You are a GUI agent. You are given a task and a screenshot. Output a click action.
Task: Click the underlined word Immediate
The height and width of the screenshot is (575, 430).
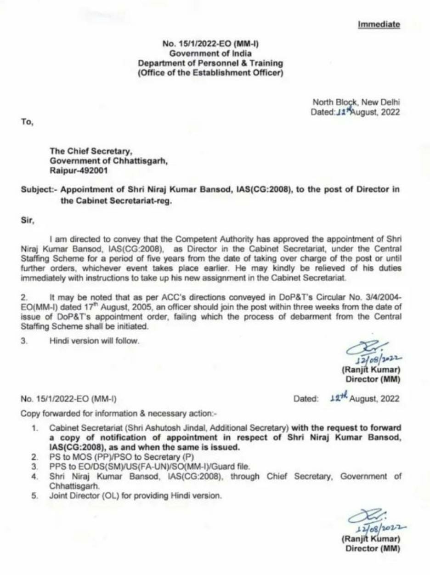[379, 24]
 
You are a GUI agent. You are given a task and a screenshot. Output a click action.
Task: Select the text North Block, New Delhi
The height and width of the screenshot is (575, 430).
[356, 102]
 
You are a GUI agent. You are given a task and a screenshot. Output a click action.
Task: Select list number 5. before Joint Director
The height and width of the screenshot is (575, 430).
[34, 496]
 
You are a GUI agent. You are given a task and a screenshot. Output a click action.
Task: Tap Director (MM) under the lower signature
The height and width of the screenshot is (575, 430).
[373, 548]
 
